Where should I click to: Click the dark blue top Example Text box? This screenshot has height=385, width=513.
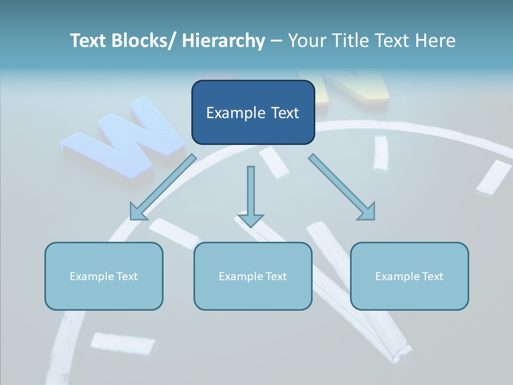[253, 112]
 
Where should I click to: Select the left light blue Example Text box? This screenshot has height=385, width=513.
[104, 276]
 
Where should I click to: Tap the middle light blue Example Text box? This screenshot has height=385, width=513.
[253, 276]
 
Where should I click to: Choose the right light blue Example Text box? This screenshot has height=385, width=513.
[409, 276]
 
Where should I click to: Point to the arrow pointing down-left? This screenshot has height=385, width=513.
[164, 187]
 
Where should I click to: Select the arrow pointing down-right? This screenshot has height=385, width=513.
[342, 187]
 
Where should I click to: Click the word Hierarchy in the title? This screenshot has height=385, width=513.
[223, 41]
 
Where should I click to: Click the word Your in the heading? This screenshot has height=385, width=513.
[306, 41]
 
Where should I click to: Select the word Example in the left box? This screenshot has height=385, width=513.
[91, 276]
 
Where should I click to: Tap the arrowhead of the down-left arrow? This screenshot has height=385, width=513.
[138, 212]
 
